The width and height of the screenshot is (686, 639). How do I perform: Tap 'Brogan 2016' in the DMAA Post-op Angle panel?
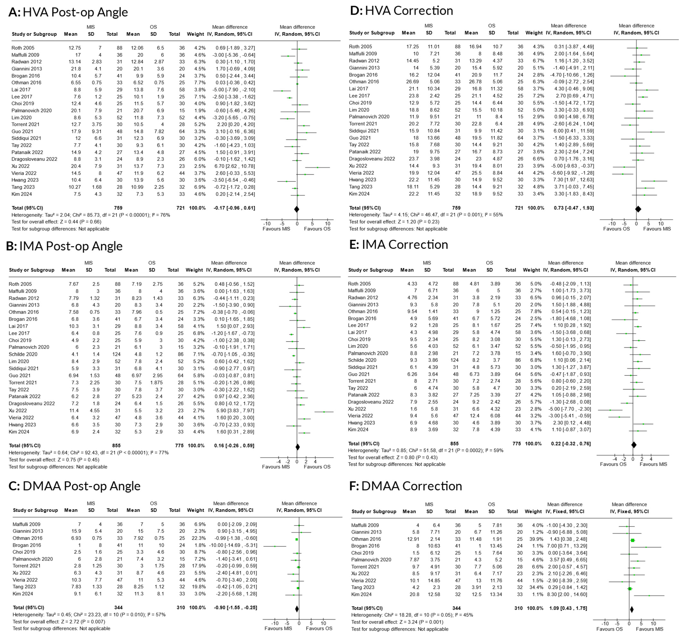tap(27, 545)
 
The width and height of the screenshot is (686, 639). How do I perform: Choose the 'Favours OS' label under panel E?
tap(613, 464)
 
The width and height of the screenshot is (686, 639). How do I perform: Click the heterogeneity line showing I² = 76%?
tap(90, 215)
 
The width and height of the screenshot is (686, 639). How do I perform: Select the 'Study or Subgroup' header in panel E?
tap(371, 270)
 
